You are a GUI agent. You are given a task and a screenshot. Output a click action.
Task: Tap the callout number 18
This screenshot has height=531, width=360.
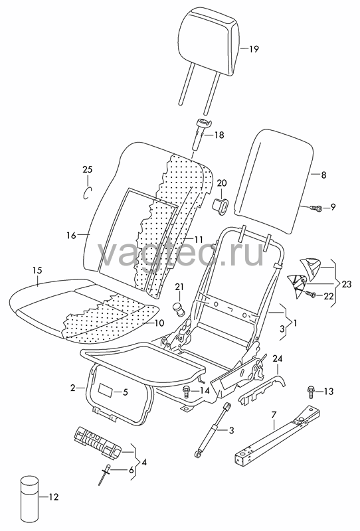[x=219, y=135]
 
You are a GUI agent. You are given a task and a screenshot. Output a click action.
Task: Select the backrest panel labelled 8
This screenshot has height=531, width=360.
[x=274, y=181]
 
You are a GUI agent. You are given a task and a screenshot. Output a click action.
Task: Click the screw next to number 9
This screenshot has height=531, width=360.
[x=315, y=208]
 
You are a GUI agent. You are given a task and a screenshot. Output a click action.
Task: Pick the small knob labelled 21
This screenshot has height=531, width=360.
[x=178, y=309]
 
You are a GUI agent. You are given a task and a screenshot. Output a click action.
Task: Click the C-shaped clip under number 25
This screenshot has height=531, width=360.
[x=88, y=192]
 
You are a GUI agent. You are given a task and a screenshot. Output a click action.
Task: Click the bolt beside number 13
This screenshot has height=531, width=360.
[x=310, y=392]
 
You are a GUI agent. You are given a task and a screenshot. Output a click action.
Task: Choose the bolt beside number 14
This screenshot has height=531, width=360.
[x=186, y=392]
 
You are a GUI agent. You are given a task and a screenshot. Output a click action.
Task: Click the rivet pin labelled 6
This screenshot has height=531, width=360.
[x=104, y=474]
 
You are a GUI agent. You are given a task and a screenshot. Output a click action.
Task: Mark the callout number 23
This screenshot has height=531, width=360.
[x=347, y=284]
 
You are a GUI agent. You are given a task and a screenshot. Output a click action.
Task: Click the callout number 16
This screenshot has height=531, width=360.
[x=71, y=235]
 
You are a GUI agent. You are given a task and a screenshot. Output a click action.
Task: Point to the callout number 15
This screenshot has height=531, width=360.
[x=37, y=270]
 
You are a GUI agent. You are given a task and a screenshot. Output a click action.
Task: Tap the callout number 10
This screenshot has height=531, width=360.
[x=159, y=323]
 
